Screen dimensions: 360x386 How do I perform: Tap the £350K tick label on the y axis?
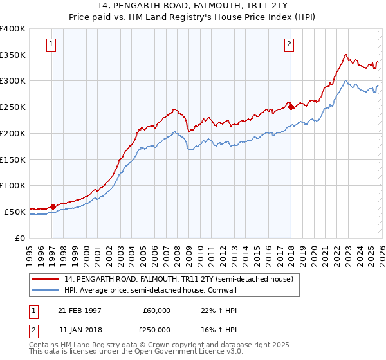[x=13, y=55]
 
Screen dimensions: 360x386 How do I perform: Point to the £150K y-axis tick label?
[x=13, y=159]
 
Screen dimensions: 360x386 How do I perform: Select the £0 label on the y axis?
[x=19, y=238]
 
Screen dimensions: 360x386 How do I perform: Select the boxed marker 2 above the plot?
[x=289, y=44]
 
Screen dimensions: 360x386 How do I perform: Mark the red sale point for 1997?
[x=53, y=206]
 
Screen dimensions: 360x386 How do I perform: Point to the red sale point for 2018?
[x=291, y=107]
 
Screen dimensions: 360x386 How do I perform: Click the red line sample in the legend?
[x=46, y=279]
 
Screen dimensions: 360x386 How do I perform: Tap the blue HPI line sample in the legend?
[x=46, y=290]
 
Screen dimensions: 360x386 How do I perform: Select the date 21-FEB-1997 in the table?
[x=80, y=310]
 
